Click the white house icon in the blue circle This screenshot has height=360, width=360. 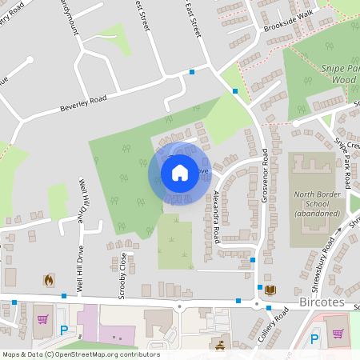click(179, 172)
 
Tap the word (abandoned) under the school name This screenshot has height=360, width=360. click(318, 214)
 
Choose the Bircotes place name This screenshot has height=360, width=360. click(322, 304)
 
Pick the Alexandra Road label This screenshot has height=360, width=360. click(216, 217)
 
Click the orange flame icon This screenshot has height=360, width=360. click(48, 280)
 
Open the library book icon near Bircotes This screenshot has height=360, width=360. click(270, 290)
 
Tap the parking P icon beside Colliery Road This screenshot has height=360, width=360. click(314, 338)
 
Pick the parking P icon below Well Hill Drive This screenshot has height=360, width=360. click(64, 330)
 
